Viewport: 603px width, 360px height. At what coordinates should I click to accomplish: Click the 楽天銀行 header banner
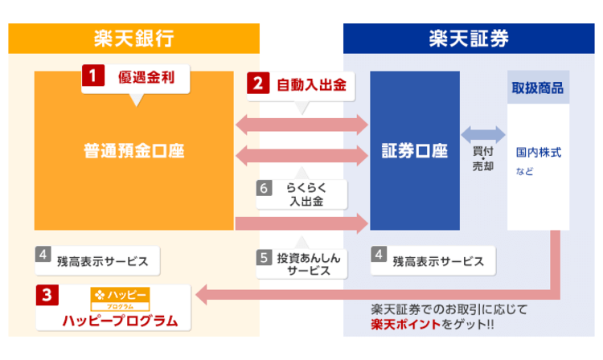pos(133,38)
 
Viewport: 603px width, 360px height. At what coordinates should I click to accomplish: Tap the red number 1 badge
pos(93,78)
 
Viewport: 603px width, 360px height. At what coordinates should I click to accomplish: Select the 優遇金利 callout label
pos(146,79)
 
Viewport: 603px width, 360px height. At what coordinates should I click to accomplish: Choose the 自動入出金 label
pos(310,84)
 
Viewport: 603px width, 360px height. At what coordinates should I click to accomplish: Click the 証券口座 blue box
pos(414,150)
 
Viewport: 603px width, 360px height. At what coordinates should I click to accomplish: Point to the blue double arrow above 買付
pos(482,133)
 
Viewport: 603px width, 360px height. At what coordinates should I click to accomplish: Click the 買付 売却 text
pos(482,157)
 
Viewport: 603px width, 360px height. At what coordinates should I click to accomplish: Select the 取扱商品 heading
pos(537,87)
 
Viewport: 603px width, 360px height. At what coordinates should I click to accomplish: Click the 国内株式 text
pos(538,151)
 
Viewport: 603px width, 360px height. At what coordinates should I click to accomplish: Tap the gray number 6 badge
pos(265,188)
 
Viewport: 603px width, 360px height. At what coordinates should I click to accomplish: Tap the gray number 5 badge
pos(265,258)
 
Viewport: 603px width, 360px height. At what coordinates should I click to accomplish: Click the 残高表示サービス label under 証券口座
pos(437,260)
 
